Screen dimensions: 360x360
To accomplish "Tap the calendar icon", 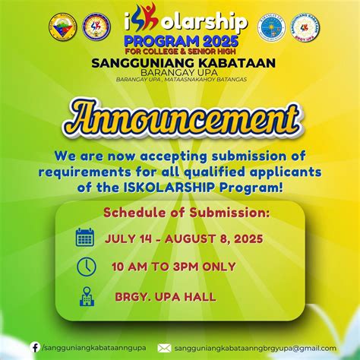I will (85, 238).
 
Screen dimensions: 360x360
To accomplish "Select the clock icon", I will (86, 267).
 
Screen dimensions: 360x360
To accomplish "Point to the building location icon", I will (86, 296).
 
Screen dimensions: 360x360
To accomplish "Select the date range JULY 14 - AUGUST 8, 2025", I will (184, 238).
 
